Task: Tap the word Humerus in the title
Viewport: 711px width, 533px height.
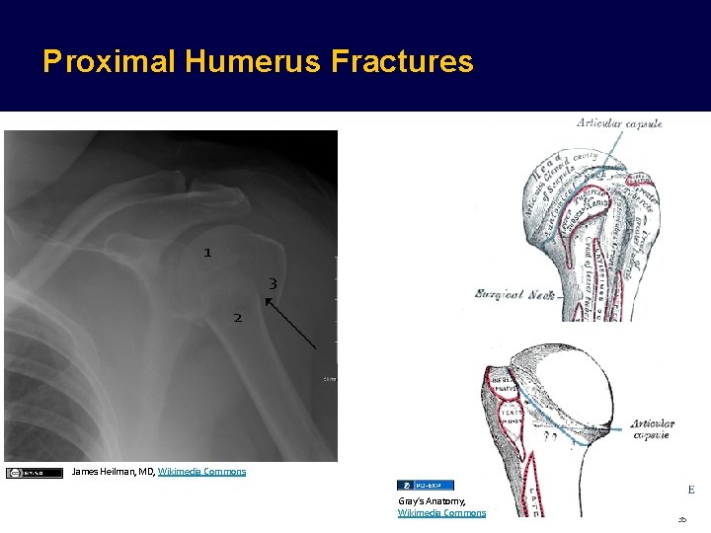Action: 250,62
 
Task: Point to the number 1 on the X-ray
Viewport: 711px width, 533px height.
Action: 207,253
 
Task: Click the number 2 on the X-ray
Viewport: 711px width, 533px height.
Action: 237,318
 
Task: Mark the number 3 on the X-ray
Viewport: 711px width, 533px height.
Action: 273,284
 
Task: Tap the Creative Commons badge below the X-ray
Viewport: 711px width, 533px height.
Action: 34,473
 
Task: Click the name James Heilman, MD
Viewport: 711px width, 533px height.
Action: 113,472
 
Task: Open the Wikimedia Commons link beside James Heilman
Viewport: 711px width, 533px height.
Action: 201,472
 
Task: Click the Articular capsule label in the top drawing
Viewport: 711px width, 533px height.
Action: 619,123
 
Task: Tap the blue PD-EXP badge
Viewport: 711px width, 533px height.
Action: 426,485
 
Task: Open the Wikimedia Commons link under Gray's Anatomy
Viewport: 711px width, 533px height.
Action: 441,513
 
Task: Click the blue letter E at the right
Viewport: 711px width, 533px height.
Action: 690,489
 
